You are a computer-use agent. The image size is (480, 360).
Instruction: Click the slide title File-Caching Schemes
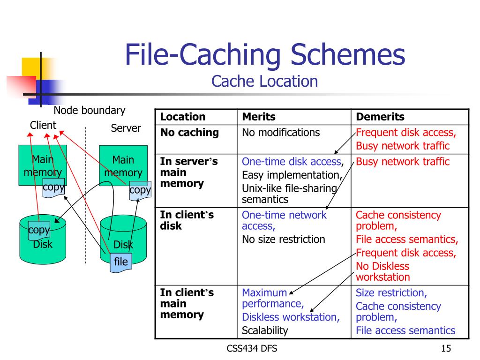(265, 55)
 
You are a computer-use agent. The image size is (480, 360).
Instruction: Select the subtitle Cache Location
(264, 81)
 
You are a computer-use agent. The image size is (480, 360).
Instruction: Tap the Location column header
(183, 117)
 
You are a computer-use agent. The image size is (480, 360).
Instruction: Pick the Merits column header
(259, 117)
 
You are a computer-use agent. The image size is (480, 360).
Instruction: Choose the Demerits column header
(380, 117)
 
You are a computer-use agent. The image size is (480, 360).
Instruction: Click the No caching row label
(189, 132)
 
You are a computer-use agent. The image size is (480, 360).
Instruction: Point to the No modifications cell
(281, 132)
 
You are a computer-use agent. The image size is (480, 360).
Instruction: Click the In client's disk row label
(187, 220)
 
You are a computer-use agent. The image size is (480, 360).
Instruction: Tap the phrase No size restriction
(283, 239)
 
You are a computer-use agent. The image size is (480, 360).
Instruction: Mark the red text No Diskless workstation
(382, 271)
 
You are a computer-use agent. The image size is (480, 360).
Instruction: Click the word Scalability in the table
(265, 330)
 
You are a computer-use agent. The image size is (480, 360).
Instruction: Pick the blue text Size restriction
(391, 293)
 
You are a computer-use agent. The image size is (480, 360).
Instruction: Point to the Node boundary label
(90, 111)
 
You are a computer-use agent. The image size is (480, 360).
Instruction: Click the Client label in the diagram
(43, 125)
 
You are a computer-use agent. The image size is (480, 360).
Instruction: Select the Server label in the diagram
(126, 128)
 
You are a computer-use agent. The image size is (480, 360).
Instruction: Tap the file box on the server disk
(121, 262)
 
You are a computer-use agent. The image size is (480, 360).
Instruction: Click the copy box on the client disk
(39, 230)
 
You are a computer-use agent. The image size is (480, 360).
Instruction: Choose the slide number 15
(446, 348)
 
